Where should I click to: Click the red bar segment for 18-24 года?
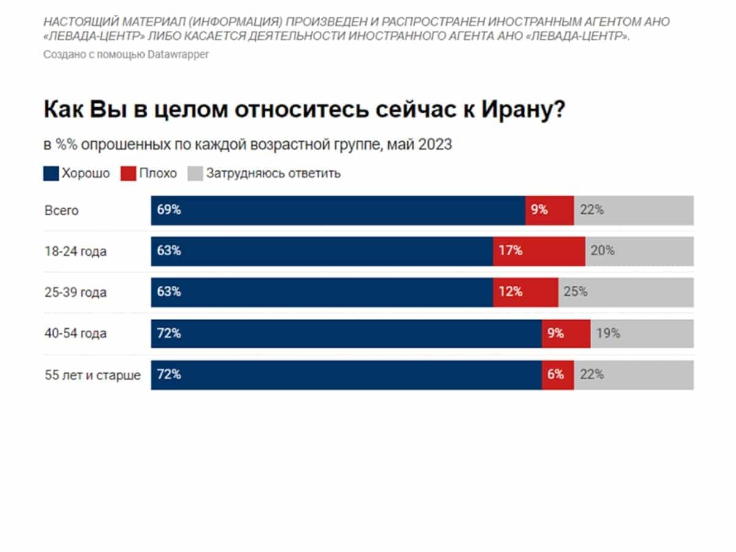point(539,251)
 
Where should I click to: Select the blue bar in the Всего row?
point(338,210)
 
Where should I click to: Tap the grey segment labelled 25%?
point(626,292)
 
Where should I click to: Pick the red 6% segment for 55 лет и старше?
point(558,375)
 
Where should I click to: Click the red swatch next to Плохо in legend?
point(128,174)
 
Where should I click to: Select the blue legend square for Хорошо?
point(51,174)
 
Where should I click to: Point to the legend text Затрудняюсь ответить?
point(273,174)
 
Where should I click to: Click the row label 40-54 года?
point(75,334)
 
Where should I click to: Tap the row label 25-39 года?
point(75,293)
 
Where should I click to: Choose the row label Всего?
point(61,210)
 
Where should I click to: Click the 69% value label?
point(169,210)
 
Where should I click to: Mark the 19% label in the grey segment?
point(608,334)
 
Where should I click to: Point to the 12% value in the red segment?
point(510,292)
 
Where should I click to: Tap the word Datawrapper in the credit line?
point(178,54)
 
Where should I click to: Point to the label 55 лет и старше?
point(93,375)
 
